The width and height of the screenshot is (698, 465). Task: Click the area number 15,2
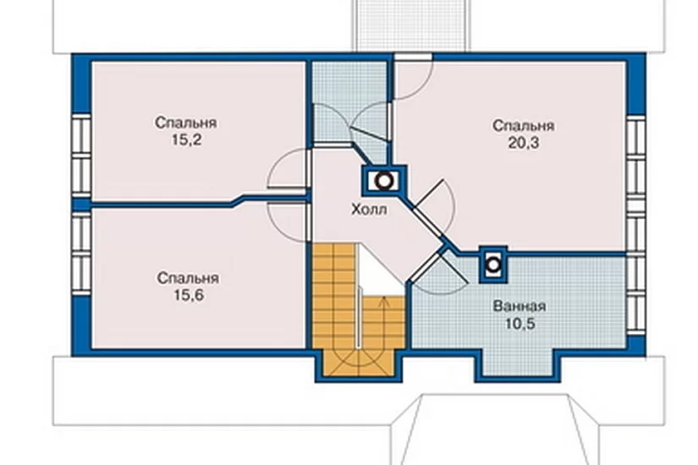point(186,139)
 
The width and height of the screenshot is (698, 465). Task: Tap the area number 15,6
point(189,295)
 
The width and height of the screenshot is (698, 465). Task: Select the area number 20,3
point(523,143)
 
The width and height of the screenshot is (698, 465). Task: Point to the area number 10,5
point(520,324)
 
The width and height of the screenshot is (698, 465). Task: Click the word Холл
point(369,209)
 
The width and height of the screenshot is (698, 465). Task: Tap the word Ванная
point(519,306)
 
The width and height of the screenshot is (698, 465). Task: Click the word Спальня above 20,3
point(524,125)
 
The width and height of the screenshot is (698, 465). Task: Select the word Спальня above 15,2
point(186,123)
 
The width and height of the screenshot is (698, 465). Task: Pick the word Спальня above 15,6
point(188,278)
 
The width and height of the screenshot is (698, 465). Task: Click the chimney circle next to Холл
point(384,181)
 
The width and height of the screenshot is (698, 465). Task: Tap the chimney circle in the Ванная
point(493,265)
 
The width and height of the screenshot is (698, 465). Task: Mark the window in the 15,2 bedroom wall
point(81,156)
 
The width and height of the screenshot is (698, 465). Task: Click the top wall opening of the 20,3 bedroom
point(413,57)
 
